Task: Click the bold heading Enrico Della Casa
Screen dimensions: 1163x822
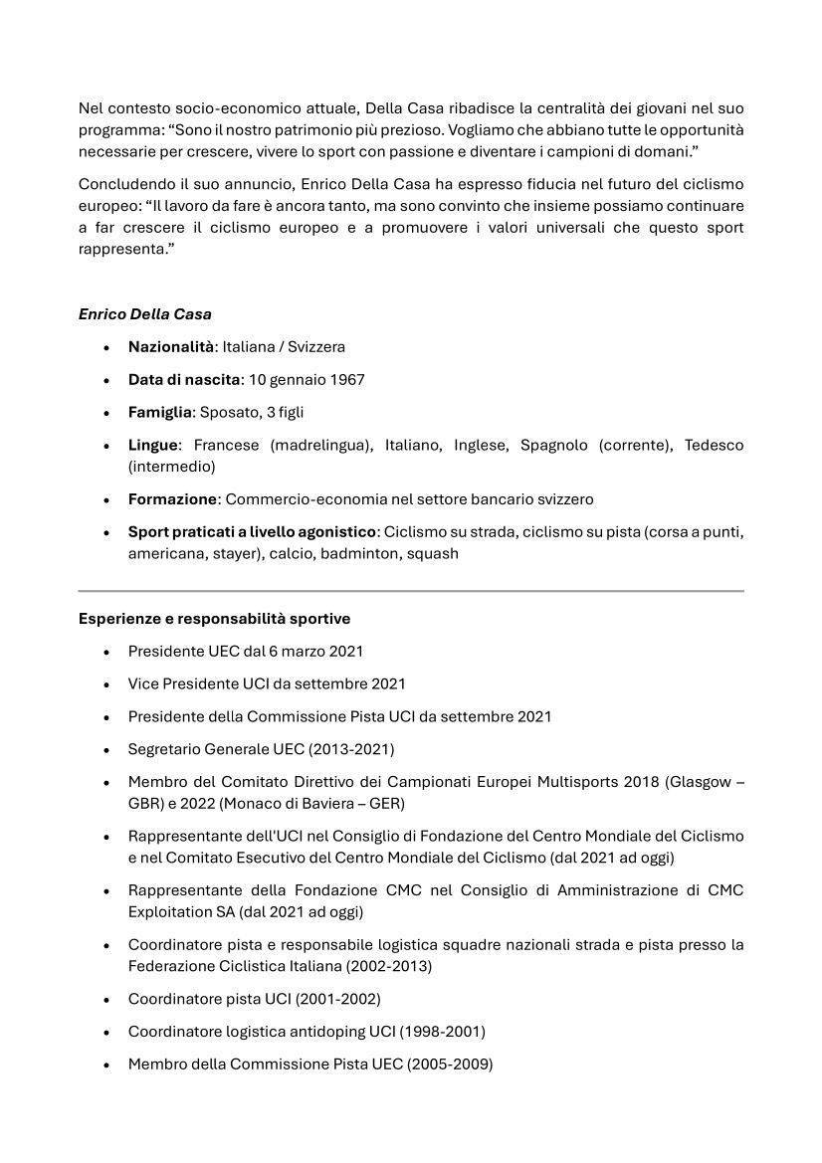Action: point(144,314)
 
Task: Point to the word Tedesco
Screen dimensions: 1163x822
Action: point(714,446)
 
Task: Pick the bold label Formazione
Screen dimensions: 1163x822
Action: point(172,499)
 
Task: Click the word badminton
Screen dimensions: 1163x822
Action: point(357,554)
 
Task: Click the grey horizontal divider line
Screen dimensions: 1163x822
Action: point(411,592)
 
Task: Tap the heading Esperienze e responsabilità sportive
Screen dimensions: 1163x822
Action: point(214,619)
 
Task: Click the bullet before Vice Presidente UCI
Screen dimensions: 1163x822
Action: point(106,684)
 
